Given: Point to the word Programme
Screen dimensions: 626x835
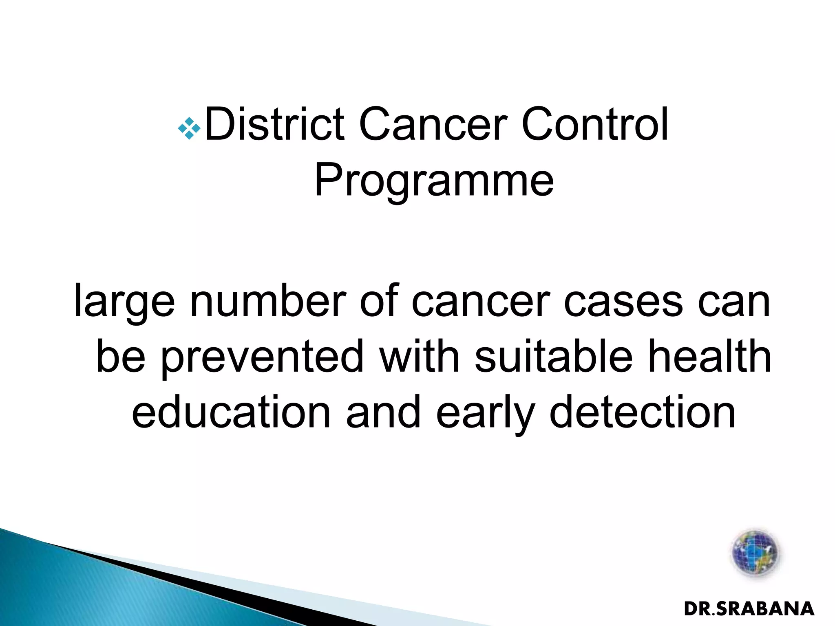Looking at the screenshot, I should click(x=434, y=181).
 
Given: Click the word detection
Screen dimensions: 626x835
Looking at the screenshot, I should click(x=642, y=412).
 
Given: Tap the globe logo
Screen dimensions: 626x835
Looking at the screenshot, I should click(x=755, y=553).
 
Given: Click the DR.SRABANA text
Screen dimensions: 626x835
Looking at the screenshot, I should click(x=749, y=609).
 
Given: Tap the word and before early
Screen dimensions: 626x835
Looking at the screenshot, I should click(x=383, y=412).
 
